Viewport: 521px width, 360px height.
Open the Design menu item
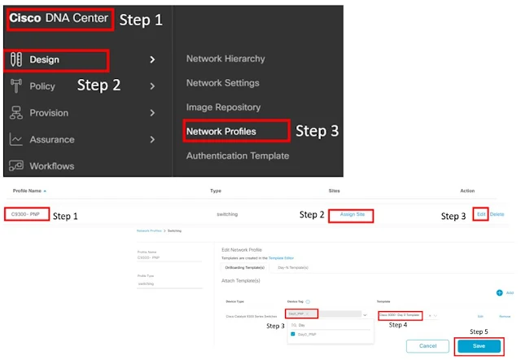(x=44, y=59)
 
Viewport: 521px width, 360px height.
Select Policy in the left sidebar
(x=42, y=86)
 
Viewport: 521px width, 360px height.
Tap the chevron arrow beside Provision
(x=152, y=112)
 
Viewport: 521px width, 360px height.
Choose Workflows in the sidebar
(x=51, y=165)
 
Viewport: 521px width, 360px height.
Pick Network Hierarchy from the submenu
(x=225, y=59)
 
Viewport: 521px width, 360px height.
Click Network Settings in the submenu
(x=222, y=83)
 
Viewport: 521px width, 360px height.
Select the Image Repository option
(x=223, y=107)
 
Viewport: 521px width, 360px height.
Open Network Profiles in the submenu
(x=221, y=131)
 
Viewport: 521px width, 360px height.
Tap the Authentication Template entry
(x=237, y=155)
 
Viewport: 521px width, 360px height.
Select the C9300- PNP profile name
(x=26, y=214)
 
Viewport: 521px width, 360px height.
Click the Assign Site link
(x=352, y=214)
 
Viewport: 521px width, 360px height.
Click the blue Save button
(x=479, y=346)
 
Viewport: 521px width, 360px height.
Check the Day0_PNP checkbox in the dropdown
(x=294, y=334)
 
